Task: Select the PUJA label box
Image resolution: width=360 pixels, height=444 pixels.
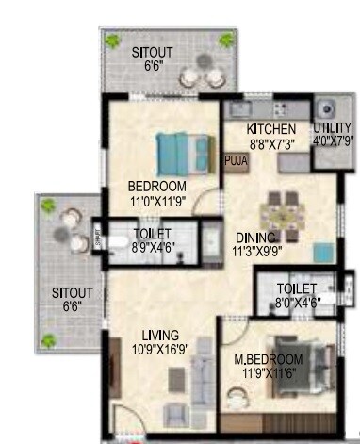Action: [234, 161]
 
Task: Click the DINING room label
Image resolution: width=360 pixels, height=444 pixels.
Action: [255, 238]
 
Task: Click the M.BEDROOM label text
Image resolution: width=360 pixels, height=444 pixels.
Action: [269, 359]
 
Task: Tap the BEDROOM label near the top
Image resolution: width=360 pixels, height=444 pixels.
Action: [156, 186]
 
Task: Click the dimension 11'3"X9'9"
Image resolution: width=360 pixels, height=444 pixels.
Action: [256, 252]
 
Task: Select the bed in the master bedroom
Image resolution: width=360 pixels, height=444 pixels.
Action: [300, 358]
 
